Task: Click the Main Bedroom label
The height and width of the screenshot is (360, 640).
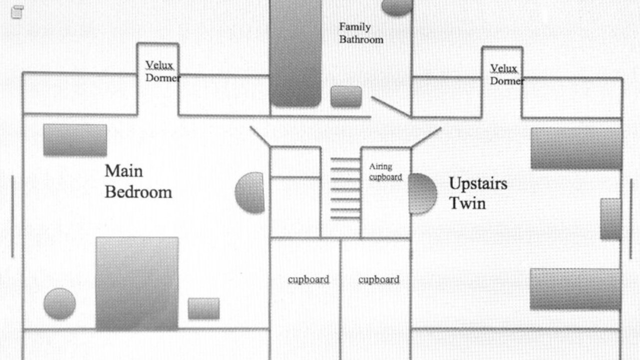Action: pos(138,181)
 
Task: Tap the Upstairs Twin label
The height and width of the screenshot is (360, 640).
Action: pos(478,193)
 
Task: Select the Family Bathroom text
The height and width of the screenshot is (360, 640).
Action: pos(361,33)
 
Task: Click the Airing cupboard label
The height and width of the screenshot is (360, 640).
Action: pos(385,172)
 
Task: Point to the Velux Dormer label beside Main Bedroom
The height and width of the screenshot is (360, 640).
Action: pos(162,71)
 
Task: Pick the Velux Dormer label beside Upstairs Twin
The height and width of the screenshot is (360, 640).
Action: pos(507,74)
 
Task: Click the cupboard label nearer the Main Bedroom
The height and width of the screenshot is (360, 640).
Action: pos(308,279)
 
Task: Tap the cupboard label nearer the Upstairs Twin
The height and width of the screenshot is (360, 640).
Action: pos(379,279)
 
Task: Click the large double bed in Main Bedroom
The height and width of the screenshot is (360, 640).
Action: pos(137,283)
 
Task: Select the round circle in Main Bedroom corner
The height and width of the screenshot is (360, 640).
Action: pos(59,303)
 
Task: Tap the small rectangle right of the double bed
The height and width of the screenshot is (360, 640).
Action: pos(203,308)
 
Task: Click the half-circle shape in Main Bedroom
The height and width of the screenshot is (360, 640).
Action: pos(249,192)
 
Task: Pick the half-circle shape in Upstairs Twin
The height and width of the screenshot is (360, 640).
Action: pos(423,193)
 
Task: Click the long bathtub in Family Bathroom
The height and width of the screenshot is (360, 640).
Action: pos(295,53)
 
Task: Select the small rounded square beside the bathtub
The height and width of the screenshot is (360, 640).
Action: pos(346,96)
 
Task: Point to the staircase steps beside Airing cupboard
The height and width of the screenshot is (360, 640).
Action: pos(345,188)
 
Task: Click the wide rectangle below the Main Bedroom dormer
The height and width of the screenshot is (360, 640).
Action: pos(75,140)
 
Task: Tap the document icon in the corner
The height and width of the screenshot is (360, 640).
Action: pos(17,12)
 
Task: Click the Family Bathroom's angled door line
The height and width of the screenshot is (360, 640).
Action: pos(391,107)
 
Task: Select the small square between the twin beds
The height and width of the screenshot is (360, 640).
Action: pos(610,218)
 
